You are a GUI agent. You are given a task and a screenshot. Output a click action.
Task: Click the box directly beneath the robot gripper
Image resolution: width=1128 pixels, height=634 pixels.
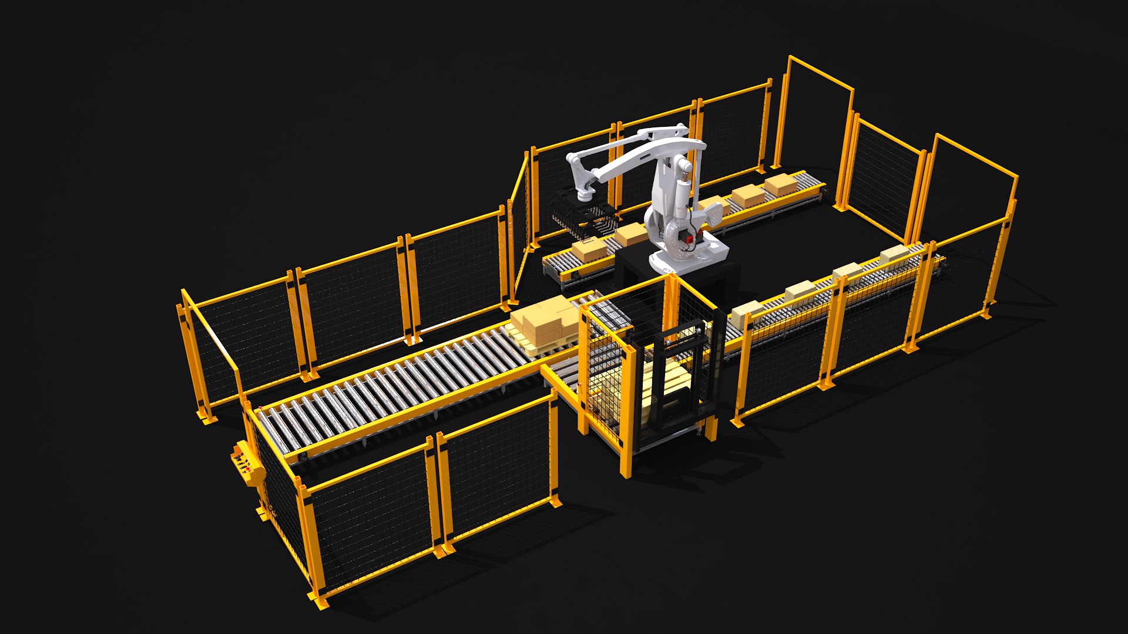[589, 250]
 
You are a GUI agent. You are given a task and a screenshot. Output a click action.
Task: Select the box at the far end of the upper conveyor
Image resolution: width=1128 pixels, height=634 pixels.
[781, 184]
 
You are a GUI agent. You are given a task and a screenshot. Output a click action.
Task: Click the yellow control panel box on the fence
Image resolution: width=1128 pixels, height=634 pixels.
[247, 464]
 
